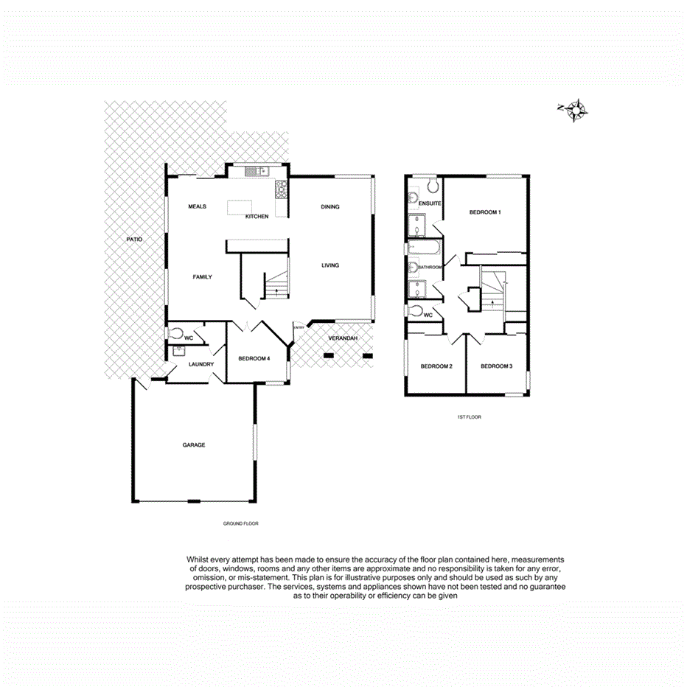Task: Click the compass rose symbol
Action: (576, 110)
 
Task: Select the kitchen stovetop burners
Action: (281, 191)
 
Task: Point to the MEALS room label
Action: (197, 206)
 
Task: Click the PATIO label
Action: (133, 240)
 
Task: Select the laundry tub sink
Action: (177, 352)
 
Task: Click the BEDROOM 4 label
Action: (254, 359)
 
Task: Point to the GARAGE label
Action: (194, 444)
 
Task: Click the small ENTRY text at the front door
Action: (299, 327)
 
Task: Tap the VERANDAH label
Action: (343, 338)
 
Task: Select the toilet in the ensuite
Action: (432, 184)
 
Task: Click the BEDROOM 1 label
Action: (485, 212)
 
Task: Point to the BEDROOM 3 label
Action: (496, 366)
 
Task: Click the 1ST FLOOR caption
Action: (469, 417)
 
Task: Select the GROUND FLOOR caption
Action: (241, 523)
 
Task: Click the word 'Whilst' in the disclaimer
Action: (200, 559)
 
